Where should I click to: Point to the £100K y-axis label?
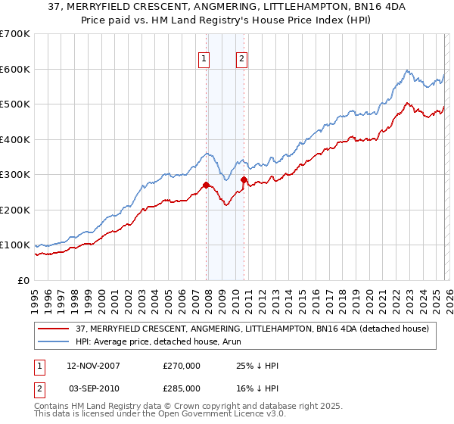15,245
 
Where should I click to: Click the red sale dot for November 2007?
206,185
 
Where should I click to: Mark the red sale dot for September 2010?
244,179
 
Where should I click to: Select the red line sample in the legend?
54,329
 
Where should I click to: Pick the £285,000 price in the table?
182,388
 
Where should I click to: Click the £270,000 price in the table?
182,366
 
